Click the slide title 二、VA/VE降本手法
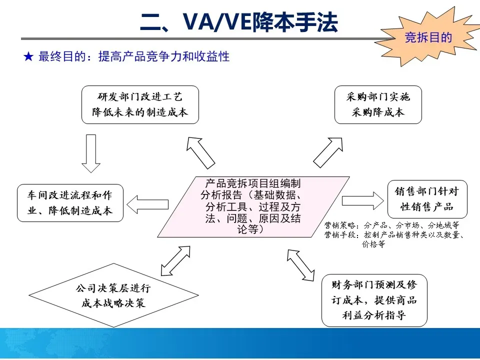(x=239, y=22)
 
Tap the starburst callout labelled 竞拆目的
(x=428, y=38)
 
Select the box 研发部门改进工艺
(x=140, y=104)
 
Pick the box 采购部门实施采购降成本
(x=378, y=104)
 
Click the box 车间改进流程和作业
(x=70, y=203)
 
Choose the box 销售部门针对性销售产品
(x=427, y=198)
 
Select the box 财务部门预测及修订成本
(x=374, y=300)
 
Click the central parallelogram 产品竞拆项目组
(x=252, y=206)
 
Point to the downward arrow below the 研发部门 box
(x=90, y=153)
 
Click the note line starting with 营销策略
(x=391, y=225)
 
